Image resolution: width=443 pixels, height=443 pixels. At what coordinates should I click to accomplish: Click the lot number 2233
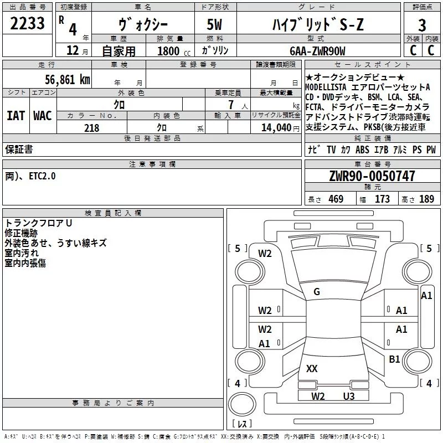click(x=28, y=24)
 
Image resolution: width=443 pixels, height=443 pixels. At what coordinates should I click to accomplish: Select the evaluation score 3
click(x=422, y=25)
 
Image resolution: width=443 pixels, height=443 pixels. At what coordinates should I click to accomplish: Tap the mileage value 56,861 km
click(x=67, y=80)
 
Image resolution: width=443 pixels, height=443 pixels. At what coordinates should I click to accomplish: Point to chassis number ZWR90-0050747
click(x=372, y=177)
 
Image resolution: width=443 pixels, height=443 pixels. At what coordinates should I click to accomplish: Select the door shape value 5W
click(x=216, y=25)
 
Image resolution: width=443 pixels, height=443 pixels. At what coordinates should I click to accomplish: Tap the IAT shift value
click(x=16, y=116)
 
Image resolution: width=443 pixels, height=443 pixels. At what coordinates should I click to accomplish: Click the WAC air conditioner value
click(x=42, y=116)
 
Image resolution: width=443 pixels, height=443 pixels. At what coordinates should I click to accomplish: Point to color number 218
click(x=91, y=128)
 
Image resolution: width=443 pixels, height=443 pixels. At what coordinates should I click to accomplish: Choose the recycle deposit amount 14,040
click(x=275, y=128)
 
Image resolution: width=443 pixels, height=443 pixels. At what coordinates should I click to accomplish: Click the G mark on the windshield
click(x=317, y=292)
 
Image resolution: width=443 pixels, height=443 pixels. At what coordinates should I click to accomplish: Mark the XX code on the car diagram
click(x=312, y=368)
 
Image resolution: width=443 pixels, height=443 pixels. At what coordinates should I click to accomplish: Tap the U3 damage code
click(x=348, y=396)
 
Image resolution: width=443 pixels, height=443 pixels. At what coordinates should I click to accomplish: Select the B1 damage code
click(x=394, y=359)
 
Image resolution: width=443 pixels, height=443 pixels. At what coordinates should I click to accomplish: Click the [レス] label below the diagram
click(x=241, y=424)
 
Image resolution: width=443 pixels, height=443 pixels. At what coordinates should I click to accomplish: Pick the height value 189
click(x=426, y=199)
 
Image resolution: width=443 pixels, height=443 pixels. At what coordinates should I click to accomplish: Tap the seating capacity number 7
click(x=229, y=105)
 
